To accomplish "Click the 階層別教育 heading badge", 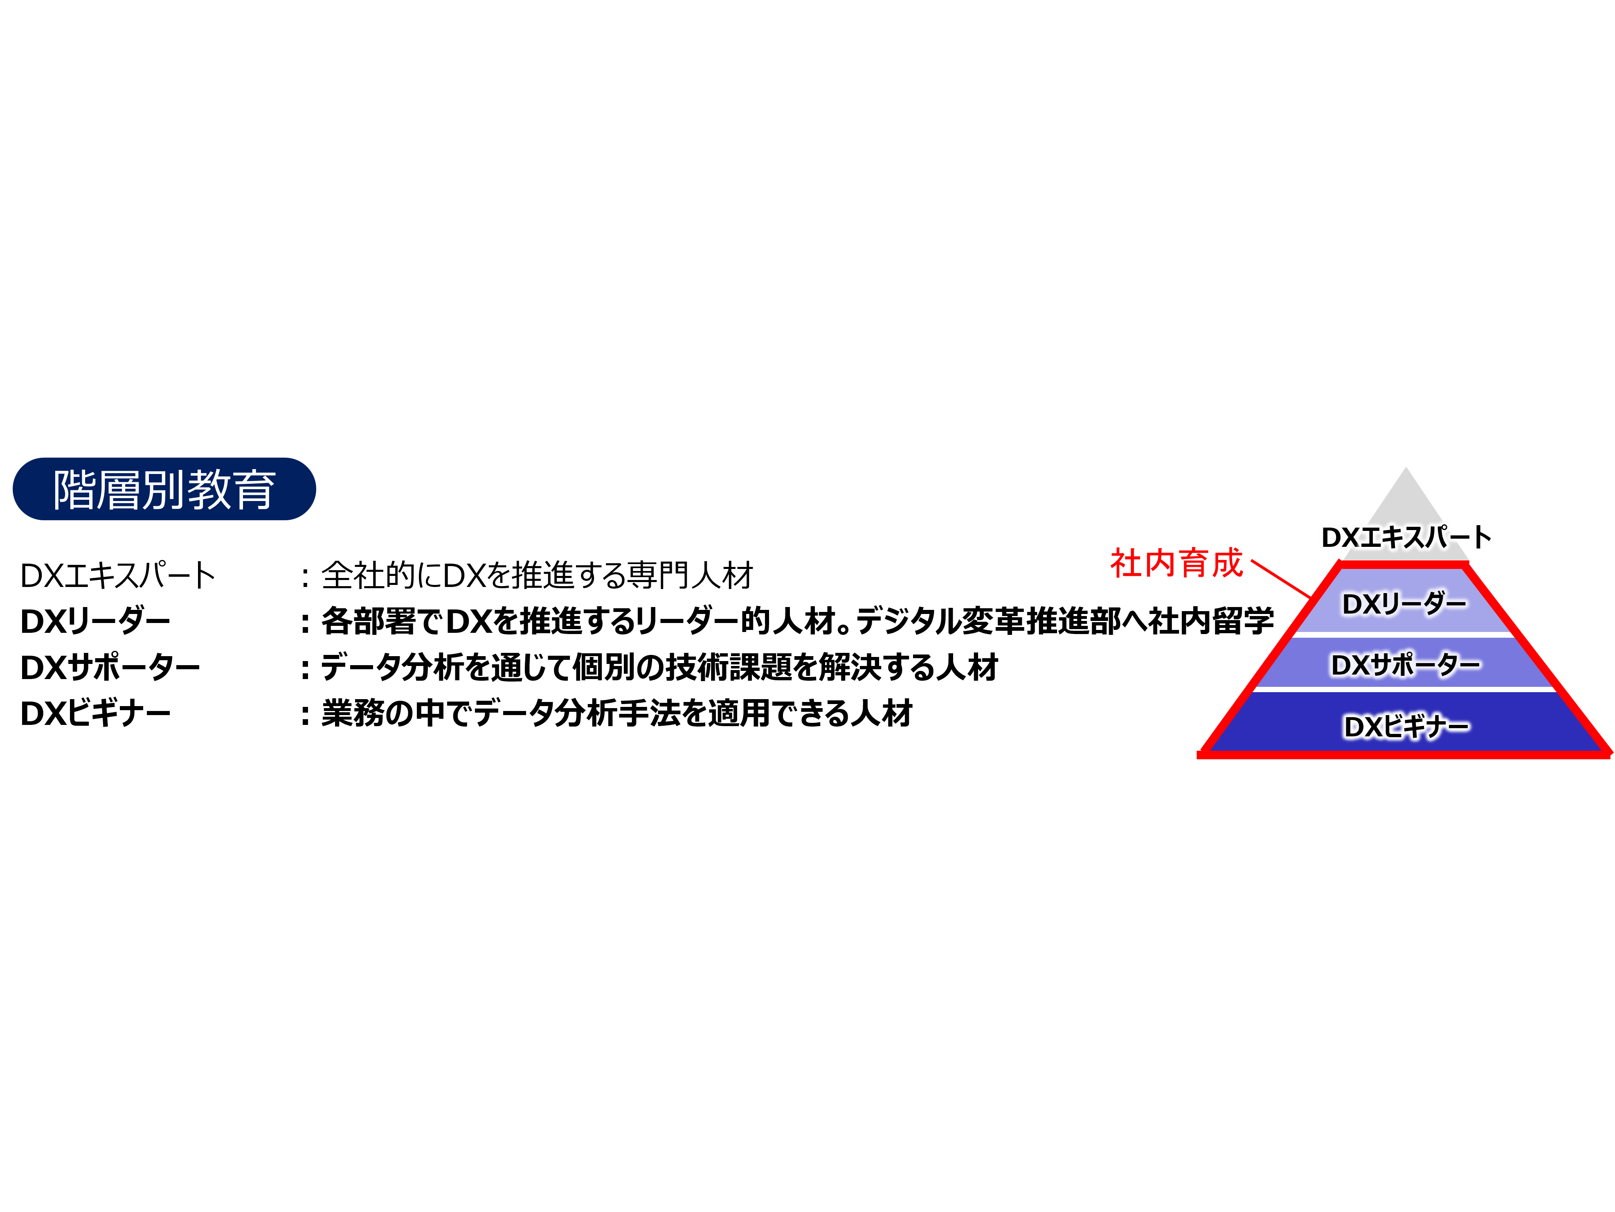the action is (164, 489).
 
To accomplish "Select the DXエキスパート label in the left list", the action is (117, 576).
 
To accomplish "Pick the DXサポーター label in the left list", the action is (110, 668).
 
